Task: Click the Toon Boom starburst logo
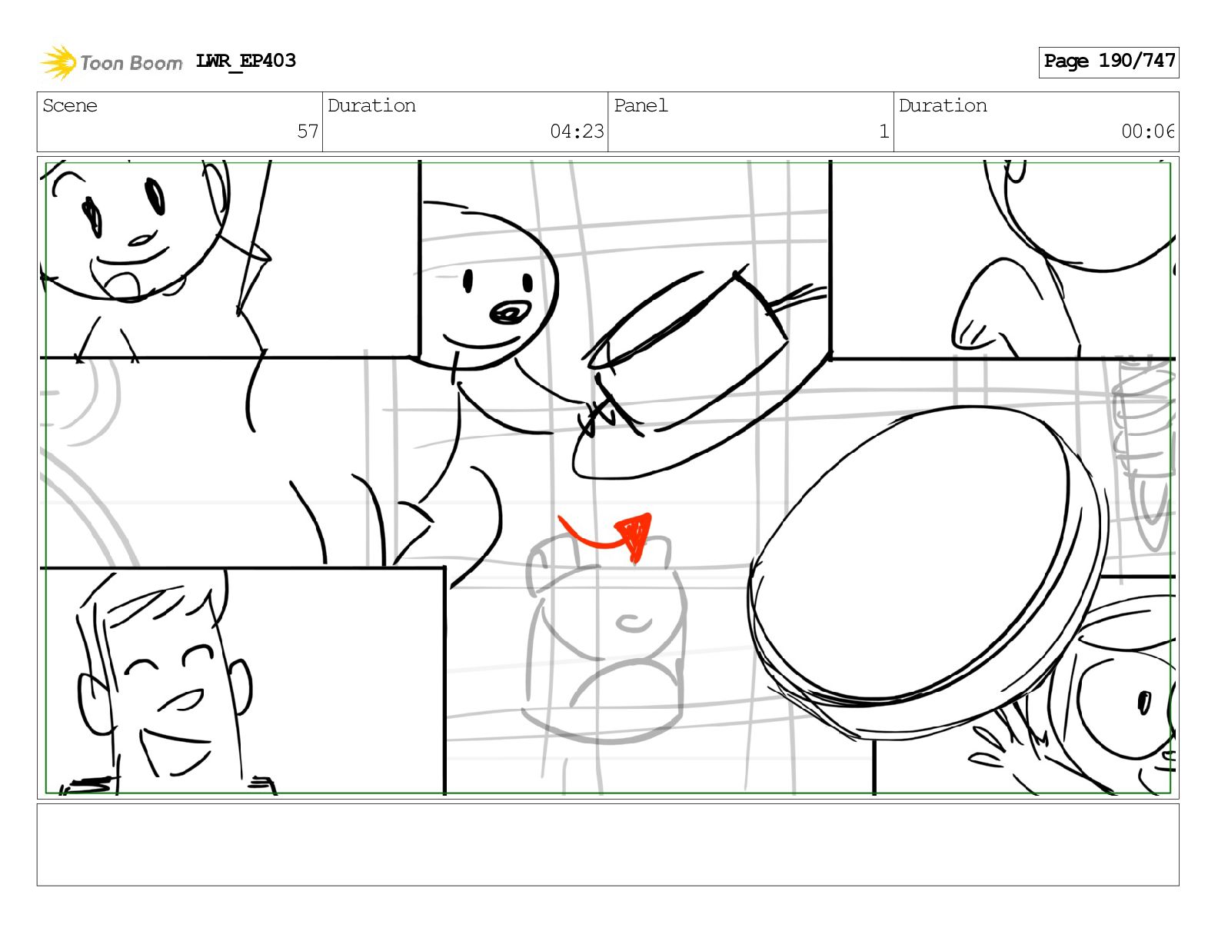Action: pyautogui.click(x=58, y=62)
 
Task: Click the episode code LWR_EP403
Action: pyautogui.click(x=245, y=61)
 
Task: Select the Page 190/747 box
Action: pyautogui.click(x=1108, y=62)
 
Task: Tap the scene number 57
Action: pyautogui.click(x=308, y=131)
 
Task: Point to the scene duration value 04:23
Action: pyautogui.click(x=577, y=131)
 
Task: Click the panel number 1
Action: pyautogui.click(x=884, y=131)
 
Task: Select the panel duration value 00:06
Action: pyautogui.click(x=1146, y=131)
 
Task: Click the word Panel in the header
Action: pyautogui.click(x=641, y=105)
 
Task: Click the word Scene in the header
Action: pyautogui.click(x=69, y=105)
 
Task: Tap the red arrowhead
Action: pyautogui.click(x=636, y=535)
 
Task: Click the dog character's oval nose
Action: pyautogui.click(x=510, y=313)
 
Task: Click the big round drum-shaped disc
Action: pyautogui.click(x=927, y=569)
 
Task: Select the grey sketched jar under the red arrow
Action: pyautogui.click(x=605, y=639)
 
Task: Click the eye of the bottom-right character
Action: pyautogui.click(x=1144, y=702)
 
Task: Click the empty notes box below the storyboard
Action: pyautogui.click(x=607, y=845)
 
